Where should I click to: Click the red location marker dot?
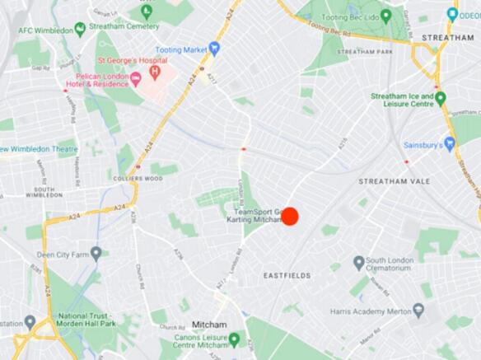[289, 216]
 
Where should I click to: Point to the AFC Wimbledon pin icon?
[80, 30]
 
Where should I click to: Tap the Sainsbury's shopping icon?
[450, 144]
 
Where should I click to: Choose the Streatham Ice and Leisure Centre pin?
[441, 98]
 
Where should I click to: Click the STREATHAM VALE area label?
[390, 180]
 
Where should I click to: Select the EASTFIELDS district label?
[287, 274]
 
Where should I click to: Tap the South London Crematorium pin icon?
[359, 263]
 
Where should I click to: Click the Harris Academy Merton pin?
[418, 310]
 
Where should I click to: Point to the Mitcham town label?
[208, 325]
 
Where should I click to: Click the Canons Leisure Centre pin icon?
[234, 340]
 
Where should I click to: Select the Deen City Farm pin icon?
[96, 253]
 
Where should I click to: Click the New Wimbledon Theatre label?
[39, 149]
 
